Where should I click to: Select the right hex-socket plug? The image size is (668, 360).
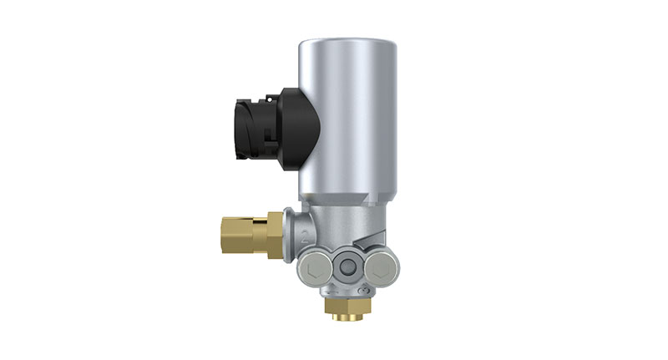(382, 268)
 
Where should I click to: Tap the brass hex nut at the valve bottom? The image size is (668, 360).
(346, 308)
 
